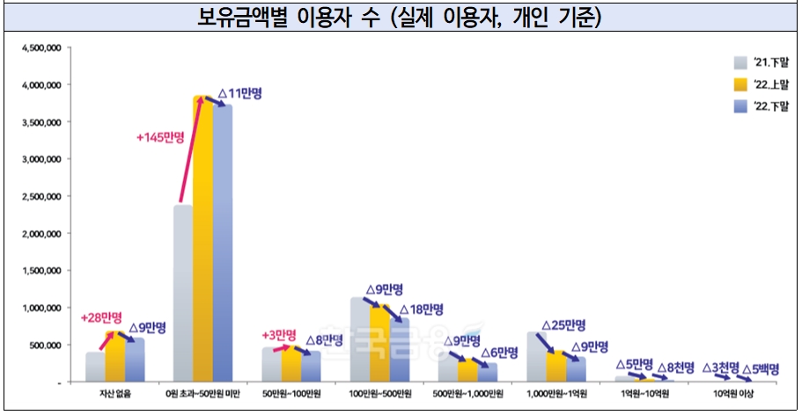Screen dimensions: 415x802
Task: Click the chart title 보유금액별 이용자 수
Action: (x=401, y=17)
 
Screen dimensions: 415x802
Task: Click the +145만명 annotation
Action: (x=160, y=138)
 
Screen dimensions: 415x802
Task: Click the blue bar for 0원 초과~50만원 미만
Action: (x=222, y=243)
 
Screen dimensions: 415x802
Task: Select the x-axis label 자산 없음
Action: (x=114, y=393)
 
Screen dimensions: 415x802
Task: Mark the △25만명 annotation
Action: (x=563, y=325)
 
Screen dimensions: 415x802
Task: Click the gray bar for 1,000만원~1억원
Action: (x=537, y=357)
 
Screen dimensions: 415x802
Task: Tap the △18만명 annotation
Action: (x=421, y=309)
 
